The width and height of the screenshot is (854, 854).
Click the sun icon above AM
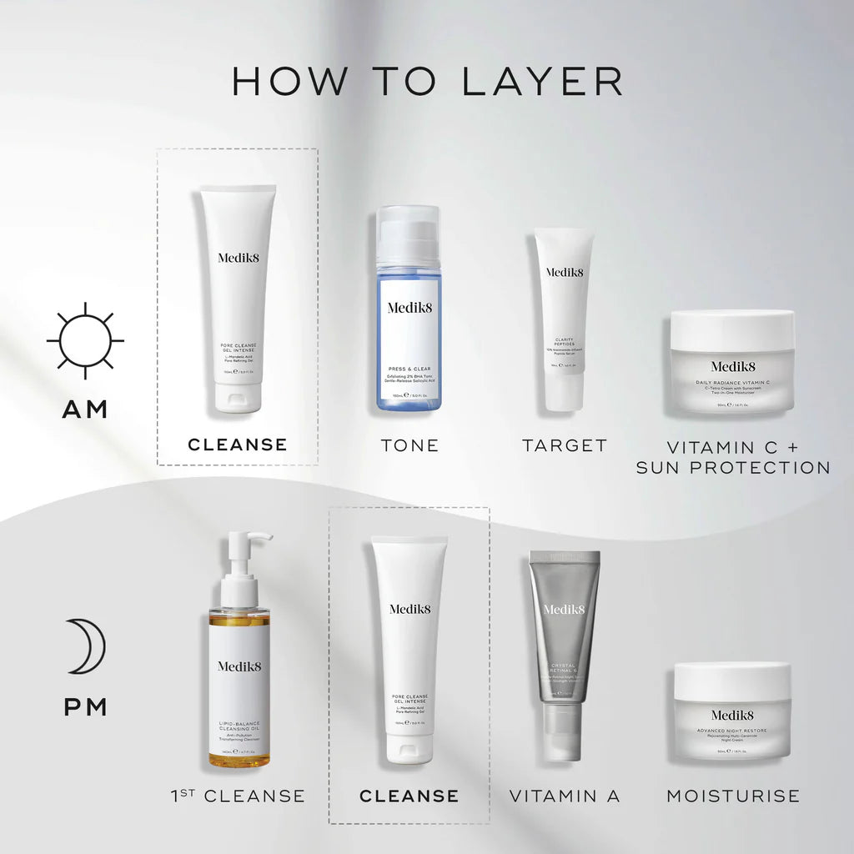[85, 340]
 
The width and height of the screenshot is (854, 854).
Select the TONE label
[409, 445]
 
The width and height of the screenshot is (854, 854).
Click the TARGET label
[565, 445]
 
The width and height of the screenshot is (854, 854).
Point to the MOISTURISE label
[732, 796]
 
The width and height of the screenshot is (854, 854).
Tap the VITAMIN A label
[565, 796]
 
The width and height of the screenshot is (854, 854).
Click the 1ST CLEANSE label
[237, 796]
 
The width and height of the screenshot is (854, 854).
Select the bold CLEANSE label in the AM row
[238, 445]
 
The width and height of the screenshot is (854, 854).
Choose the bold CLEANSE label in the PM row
[409, 796]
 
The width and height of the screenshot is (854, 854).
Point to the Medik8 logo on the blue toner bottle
[408, 307]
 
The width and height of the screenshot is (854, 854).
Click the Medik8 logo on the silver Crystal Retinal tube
[565, 609]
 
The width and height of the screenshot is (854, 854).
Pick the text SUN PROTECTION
[732, 467]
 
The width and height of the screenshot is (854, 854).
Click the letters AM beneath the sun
[85, 409]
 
